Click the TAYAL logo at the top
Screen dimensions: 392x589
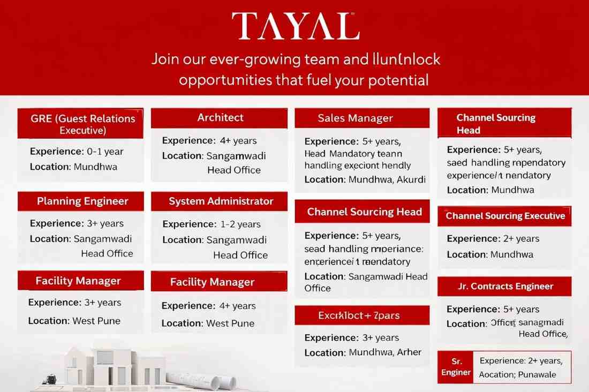click(295, 26)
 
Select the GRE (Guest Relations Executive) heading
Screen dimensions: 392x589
click(80, 124)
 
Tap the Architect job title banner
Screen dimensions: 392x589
click(220, 118)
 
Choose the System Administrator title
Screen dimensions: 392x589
click(221, 201)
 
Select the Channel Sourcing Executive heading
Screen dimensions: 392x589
click(505, 216)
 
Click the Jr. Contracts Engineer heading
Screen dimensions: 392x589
click(505, 286)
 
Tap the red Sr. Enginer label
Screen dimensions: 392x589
click(456, 367)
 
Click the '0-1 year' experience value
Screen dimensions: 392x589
click(105, 152)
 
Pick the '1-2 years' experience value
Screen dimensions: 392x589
click(240, 224)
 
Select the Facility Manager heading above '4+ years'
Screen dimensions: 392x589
click(212, 282)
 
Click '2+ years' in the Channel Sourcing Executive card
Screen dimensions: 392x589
click(520, 239)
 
